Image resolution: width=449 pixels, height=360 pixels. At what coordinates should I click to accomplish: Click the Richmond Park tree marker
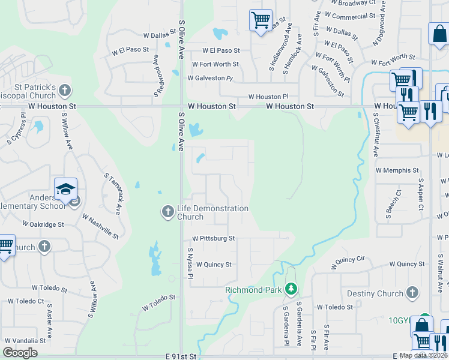point(291,289)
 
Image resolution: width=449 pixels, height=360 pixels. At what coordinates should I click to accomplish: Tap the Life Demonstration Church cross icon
point(167,211)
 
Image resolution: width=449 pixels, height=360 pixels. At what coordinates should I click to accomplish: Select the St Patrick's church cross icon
point(65,91)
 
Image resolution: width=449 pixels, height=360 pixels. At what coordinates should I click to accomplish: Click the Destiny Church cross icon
point(412,292)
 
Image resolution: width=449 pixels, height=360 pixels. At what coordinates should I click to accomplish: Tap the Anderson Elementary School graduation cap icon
point(65,188)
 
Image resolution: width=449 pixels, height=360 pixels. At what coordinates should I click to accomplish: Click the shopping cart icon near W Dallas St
point(261,20)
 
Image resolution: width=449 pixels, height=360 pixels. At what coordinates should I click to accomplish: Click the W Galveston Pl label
point(209,78)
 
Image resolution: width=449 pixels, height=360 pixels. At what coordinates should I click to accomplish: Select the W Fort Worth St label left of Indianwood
point(215,64)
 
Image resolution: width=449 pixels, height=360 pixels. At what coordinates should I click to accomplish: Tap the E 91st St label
point(181,356)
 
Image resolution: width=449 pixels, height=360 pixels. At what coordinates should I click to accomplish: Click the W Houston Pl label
point(268,97)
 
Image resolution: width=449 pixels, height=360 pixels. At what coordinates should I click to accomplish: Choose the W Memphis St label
point(397,170)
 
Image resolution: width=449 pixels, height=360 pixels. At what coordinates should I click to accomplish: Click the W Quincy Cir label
point(348,259)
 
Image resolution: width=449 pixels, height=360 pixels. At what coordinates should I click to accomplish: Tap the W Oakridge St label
point(43,224)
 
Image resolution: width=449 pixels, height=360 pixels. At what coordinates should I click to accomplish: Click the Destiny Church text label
point(375,293)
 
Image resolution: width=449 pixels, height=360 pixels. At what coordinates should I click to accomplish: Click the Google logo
point(20,353)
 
